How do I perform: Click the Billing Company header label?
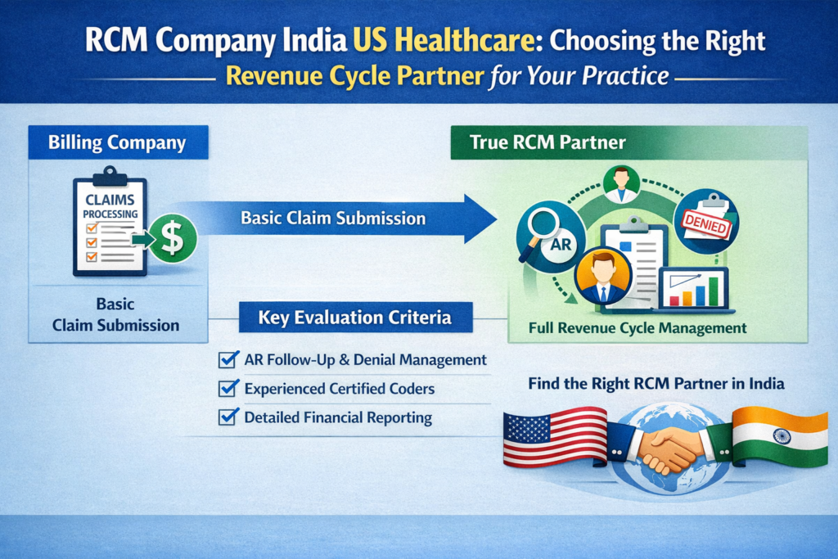click(117, 143)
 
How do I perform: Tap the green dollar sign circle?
click(172, 237)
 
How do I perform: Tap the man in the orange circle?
click(604, 277)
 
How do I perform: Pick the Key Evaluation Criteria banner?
click(355, 318)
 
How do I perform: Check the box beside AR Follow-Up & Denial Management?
click(228, 359)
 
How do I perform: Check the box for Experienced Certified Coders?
click(228, 389)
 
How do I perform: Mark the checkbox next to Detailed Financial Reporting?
click(228, 417)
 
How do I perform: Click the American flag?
click(554, 438)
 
